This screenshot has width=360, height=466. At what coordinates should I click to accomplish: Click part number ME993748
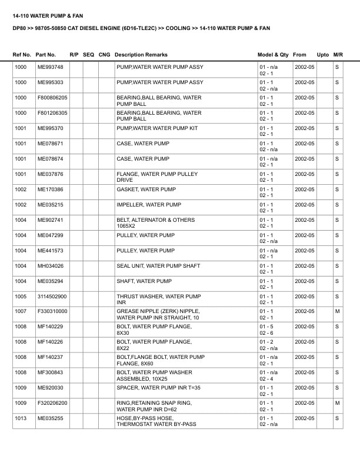point(51,67)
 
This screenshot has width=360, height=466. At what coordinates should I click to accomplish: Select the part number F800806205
point(52,98)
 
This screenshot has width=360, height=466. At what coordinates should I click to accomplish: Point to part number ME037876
point(51,174)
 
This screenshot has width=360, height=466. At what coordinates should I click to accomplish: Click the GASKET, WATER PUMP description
point(146,189)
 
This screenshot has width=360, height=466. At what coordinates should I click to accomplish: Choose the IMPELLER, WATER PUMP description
point(149,205)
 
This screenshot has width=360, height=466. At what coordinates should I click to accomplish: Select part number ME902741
point(51,220)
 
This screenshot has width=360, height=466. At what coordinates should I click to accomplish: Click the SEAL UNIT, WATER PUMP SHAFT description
point(158,266)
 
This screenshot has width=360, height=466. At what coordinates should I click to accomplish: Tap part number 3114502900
point(52,297)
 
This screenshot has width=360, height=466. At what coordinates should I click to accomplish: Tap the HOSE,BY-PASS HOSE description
point(145,418)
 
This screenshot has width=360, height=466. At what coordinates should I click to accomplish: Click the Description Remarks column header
point(141,55)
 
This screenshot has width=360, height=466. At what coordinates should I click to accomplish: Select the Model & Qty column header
point(273,55)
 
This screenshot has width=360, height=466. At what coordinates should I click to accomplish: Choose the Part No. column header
point(46,55)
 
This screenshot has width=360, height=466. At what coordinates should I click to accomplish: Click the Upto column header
point(323,55)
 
